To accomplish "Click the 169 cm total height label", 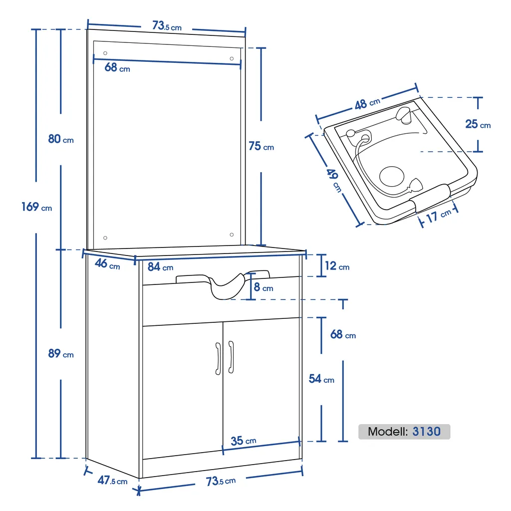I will pos(36,206).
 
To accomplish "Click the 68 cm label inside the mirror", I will pos(117,67).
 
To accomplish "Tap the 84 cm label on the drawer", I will pos(160,267).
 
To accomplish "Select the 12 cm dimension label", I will pos(337,266).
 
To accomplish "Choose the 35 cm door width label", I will pos(244,441).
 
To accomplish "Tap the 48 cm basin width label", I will pos(367,103).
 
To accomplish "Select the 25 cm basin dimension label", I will pos(478,124).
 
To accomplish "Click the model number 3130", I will pos(427,432).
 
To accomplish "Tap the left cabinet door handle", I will pos(218,358).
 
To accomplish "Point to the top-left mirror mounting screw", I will pos(105,53).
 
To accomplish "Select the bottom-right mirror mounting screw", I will pos(232,234).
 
